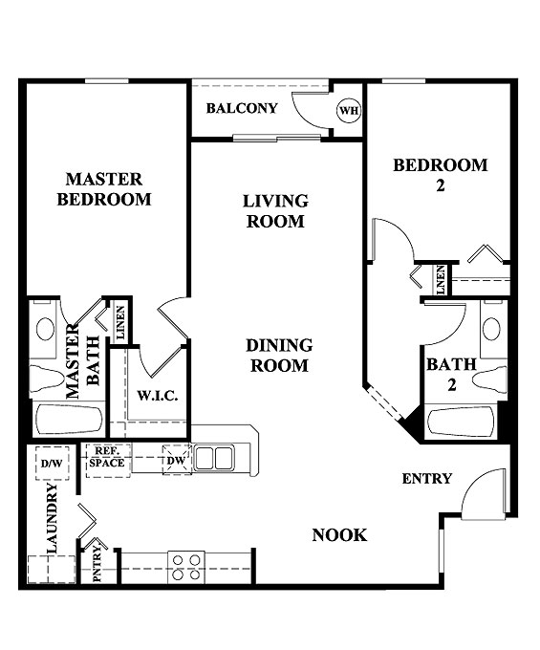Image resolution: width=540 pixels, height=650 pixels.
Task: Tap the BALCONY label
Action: pos(242,108)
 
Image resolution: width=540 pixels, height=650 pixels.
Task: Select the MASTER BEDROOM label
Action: pos(104,189)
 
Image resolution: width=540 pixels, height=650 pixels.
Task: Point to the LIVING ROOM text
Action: pos(275,211)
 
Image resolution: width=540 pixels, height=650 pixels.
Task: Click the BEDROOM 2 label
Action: pos(441,175)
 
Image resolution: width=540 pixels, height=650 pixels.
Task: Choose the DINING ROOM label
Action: pos(279,356)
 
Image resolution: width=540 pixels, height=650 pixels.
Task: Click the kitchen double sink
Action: pos(213,458)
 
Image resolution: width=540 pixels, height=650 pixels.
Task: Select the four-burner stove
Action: pos(185,566)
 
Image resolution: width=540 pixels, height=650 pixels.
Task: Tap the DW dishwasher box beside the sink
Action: pos(176,460)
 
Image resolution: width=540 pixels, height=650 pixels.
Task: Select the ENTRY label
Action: pos(426,479)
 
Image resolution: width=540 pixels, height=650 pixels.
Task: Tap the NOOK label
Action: pos(339,535)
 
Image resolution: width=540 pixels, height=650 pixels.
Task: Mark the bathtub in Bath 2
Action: pos(461,422)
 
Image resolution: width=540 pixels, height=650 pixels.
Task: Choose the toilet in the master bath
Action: pos(45,377)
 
